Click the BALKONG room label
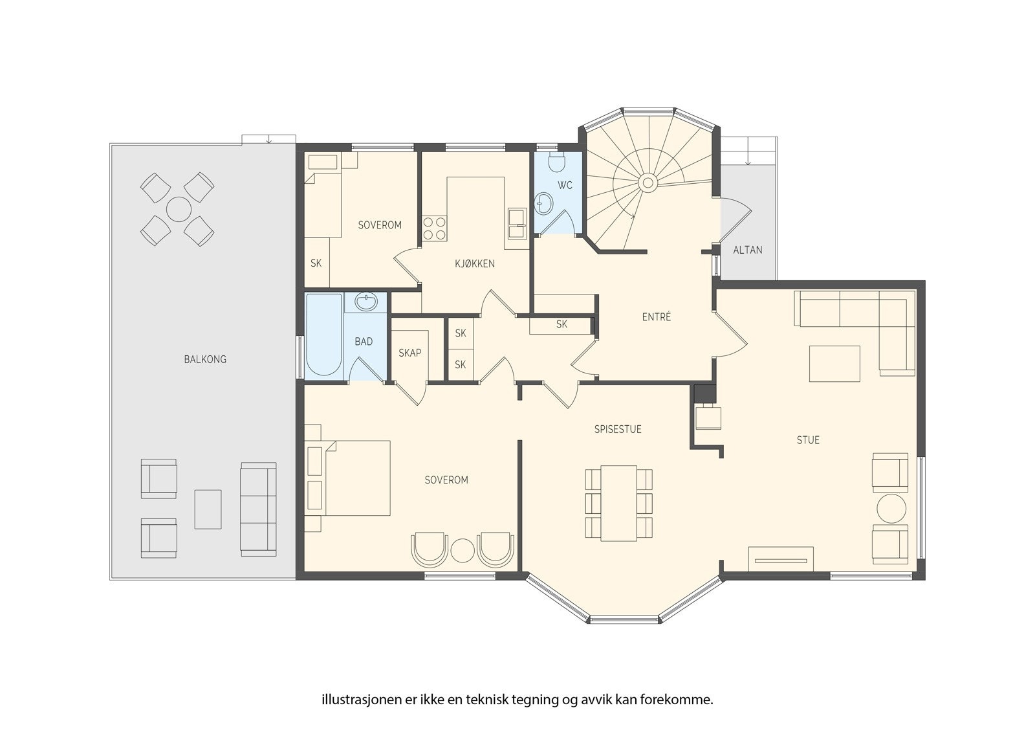205,359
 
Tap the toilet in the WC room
557,162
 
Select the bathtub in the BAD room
324,335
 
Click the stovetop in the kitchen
434,228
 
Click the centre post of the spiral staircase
648,183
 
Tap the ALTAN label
748,250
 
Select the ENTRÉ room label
657,316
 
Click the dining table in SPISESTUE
618,503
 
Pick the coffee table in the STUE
834,364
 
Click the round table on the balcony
179,210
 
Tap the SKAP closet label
410,353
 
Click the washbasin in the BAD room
367,303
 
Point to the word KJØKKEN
475,263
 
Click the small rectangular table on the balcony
208,509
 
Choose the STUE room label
808,440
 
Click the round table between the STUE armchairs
891,509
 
